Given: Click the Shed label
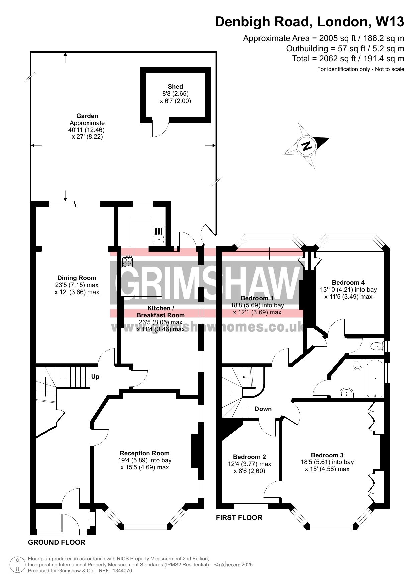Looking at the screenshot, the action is (x=175, y=87).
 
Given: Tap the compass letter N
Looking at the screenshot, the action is (x=306, y=146).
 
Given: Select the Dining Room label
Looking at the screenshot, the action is (x=77, y=278).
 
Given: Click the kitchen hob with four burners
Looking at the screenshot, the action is (x=127, y=261).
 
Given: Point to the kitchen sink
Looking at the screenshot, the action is (x=159, y=235).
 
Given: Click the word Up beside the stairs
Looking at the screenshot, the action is (x=95, y=377).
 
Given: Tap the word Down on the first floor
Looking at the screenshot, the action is (x=263, y=409).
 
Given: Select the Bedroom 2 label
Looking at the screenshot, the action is (x=249, y=457).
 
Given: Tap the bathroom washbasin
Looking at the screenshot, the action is (x=347, y=393).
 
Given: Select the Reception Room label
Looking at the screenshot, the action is (x=145, y=453).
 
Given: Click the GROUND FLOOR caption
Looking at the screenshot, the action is (x=57, y=542).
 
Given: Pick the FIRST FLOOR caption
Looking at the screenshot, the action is (x=239, y=518).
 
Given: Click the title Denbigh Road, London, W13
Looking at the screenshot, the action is (x=309, y=22).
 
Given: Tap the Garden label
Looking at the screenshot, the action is (x=87, y=116).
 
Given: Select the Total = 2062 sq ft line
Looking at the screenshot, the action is (x=348, y=59).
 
